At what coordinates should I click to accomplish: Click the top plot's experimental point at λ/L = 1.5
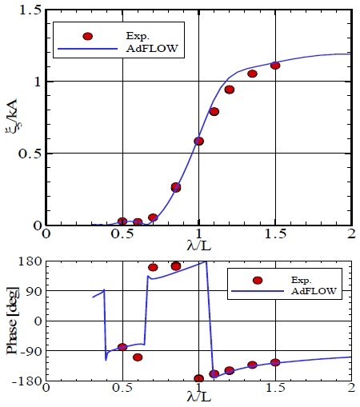pos(275,66)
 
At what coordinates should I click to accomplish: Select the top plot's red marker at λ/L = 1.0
pos(199,141)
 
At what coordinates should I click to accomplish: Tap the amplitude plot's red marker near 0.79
pos(214,111)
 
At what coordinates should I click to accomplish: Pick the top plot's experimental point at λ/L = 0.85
pos(176,187)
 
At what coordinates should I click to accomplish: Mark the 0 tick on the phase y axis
pos(35,320)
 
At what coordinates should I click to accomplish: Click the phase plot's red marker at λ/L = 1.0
pos(198,378)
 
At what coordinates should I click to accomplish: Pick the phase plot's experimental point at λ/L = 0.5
pos(122,347)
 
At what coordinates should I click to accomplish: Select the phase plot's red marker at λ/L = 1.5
pos(275,362)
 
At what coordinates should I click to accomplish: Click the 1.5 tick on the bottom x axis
pos(274,388)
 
